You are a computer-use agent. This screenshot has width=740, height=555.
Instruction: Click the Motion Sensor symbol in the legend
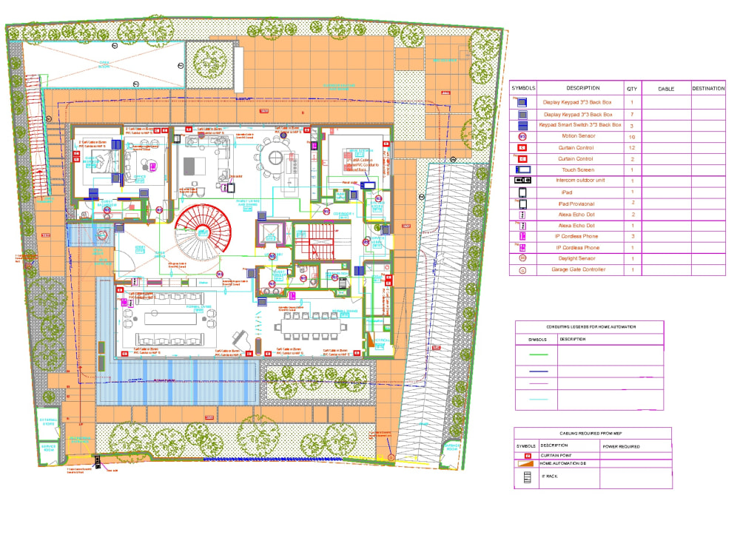coord(522,137)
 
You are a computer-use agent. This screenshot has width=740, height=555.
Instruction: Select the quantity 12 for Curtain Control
coord(631,148)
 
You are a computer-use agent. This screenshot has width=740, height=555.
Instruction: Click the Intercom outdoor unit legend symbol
coord(522,181)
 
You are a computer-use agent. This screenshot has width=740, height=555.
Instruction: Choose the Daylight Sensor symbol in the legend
coord(522,259)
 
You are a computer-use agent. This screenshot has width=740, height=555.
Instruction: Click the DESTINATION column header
coord(707,89)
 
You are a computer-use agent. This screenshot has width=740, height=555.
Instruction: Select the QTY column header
coord(631,89)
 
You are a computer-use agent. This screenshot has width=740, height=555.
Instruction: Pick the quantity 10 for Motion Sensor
coord(631,137)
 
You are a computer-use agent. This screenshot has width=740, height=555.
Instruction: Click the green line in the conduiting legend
coord(537,356)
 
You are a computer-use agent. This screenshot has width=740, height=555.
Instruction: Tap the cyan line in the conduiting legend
coord(537,399)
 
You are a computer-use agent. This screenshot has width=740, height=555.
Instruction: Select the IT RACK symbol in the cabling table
coord(528,478)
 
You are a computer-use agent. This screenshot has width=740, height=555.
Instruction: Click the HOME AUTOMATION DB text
coord(568,463)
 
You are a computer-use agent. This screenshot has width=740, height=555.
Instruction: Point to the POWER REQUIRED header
coord(620,446)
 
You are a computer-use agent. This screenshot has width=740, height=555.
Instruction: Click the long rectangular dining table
coord(310,326)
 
